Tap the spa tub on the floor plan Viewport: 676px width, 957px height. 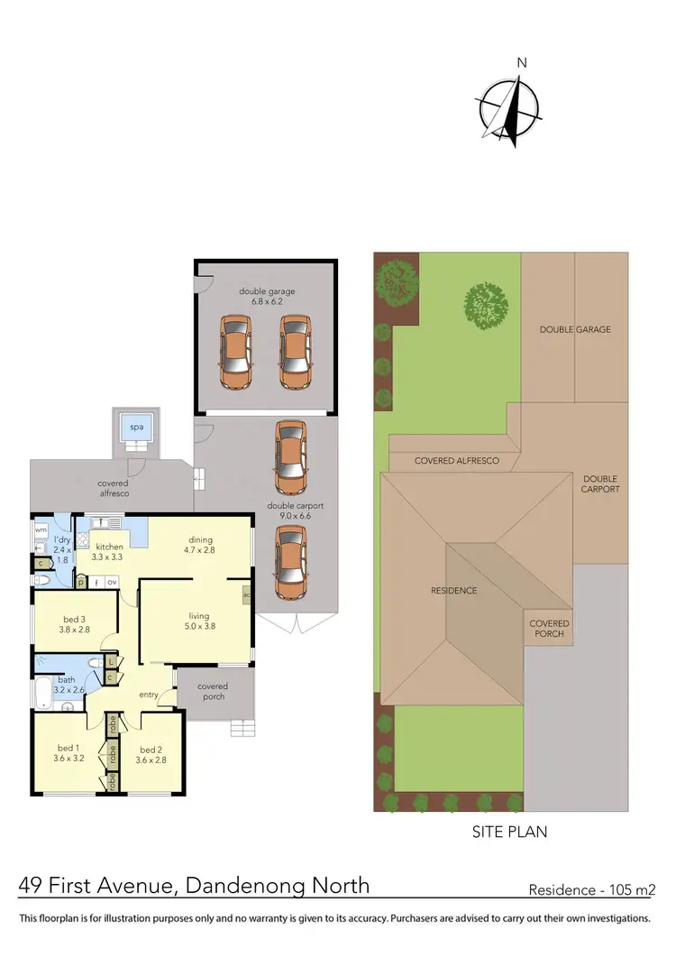coord(136,428)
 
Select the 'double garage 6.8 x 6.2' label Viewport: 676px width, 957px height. coord(267,297)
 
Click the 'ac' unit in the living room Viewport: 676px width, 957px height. coord(247,595)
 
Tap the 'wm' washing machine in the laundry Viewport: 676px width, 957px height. coord(40,529)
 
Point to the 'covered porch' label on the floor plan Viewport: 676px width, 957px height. coord(213,691)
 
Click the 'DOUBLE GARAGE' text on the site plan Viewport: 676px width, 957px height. coord(574,330)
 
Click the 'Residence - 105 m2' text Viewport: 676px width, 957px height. coord(591,889)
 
